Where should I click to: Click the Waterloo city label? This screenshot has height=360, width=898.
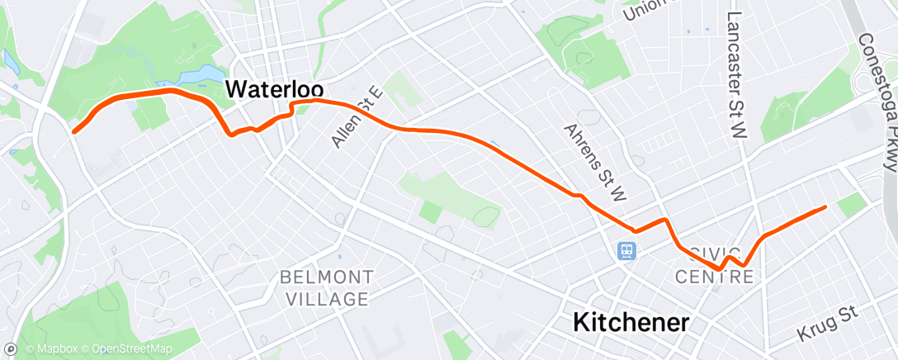click(274, 89)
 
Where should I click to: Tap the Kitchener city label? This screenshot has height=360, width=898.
click(631, 322)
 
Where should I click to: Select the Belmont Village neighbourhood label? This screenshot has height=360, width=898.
click(326, 287)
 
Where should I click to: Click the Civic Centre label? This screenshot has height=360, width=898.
click(715, 265)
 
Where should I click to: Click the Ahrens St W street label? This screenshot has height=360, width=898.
click(597, 162)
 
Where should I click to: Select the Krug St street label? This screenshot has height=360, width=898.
click(828, 323)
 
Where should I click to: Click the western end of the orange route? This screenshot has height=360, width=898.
click(74, 130)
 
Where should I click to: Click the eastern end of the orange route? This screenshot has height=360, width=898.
click(825, 208)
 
